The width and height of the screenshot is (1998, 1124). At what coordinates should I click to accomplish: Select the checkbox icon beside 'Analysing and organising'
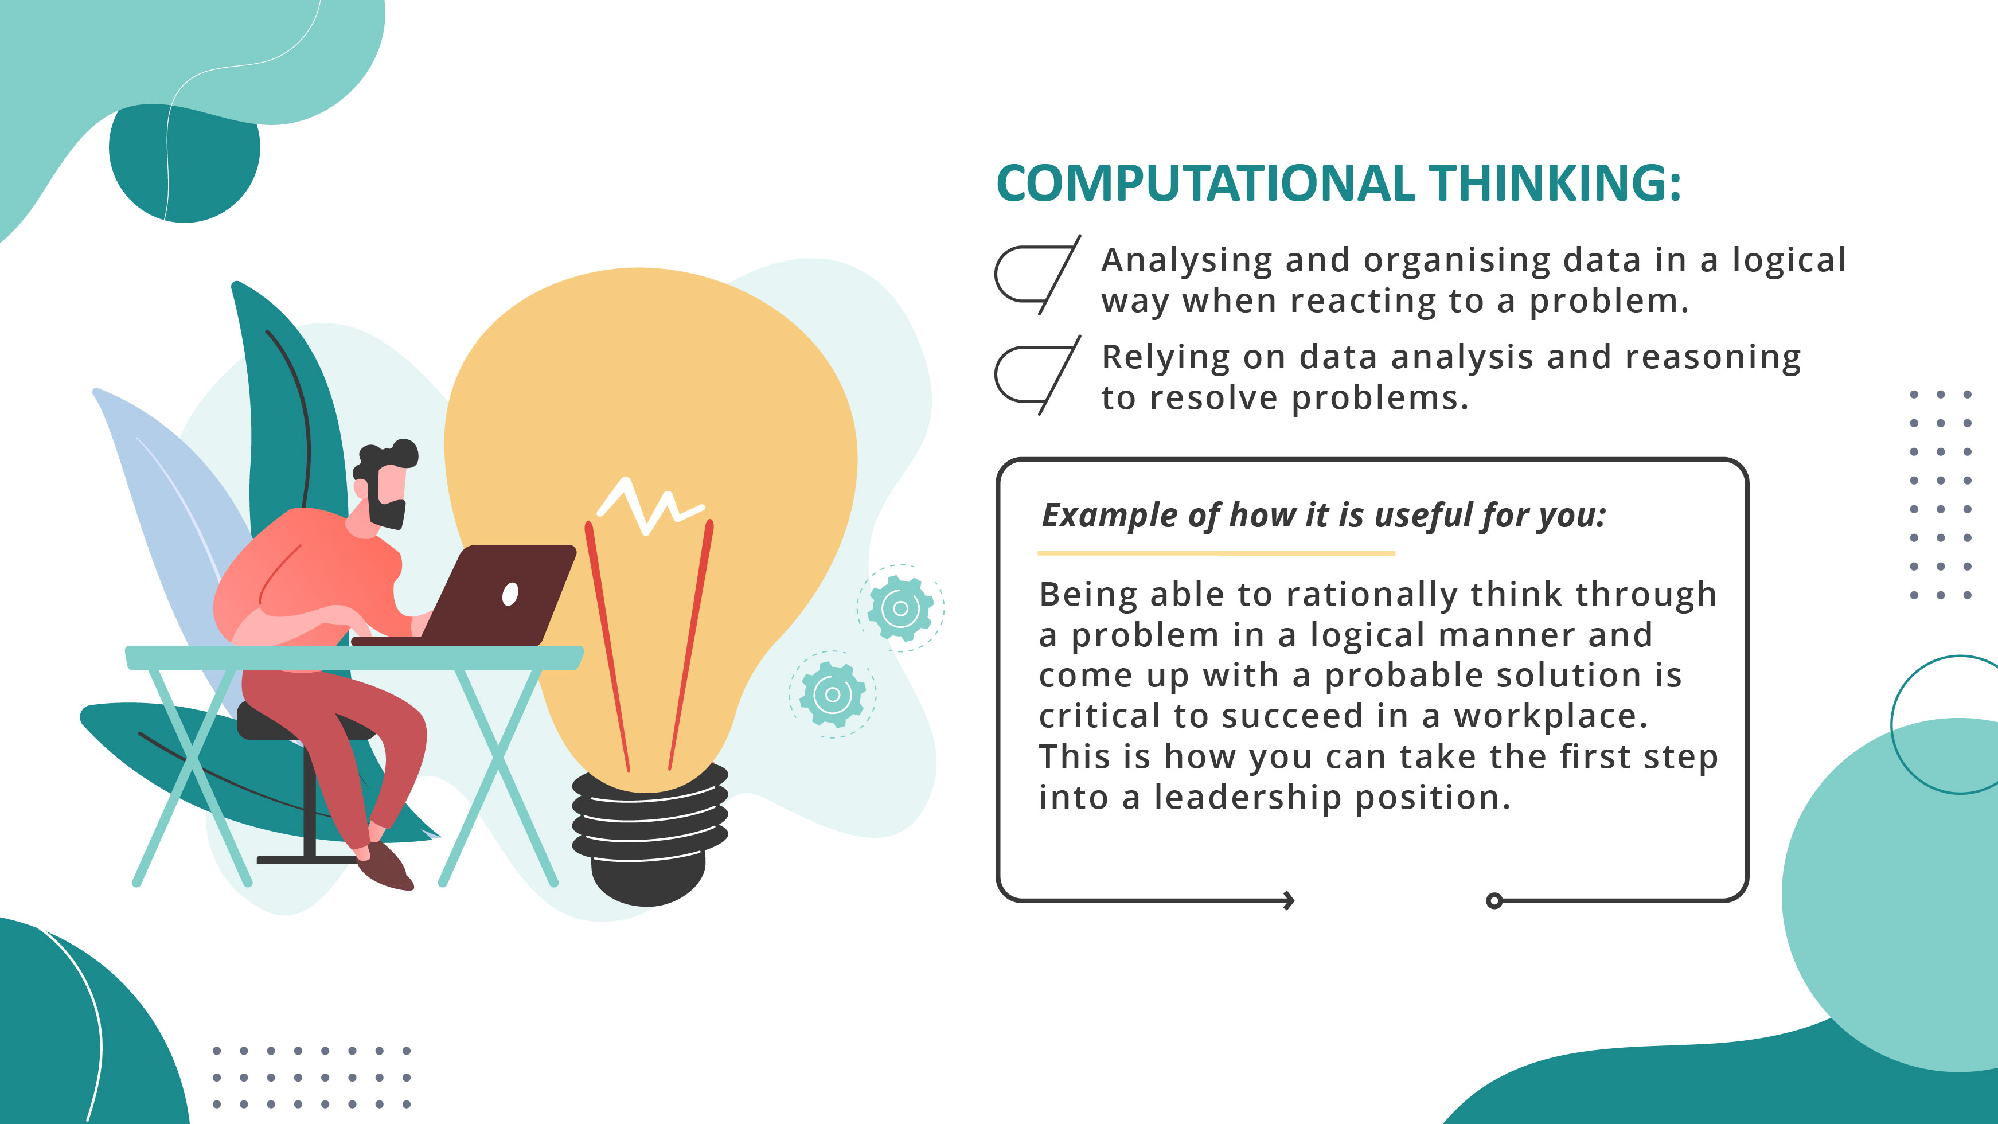click(1036, 275)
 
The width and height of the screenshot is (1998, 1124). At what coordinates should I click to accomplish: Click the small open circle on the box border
click(1494, 900)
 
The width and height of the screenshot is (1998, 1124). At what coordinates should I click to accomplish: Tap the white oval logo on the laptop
click(510, 594)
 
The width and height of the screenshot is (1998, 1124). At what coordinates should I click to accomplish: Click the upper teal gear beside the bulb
click(900, 608)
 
